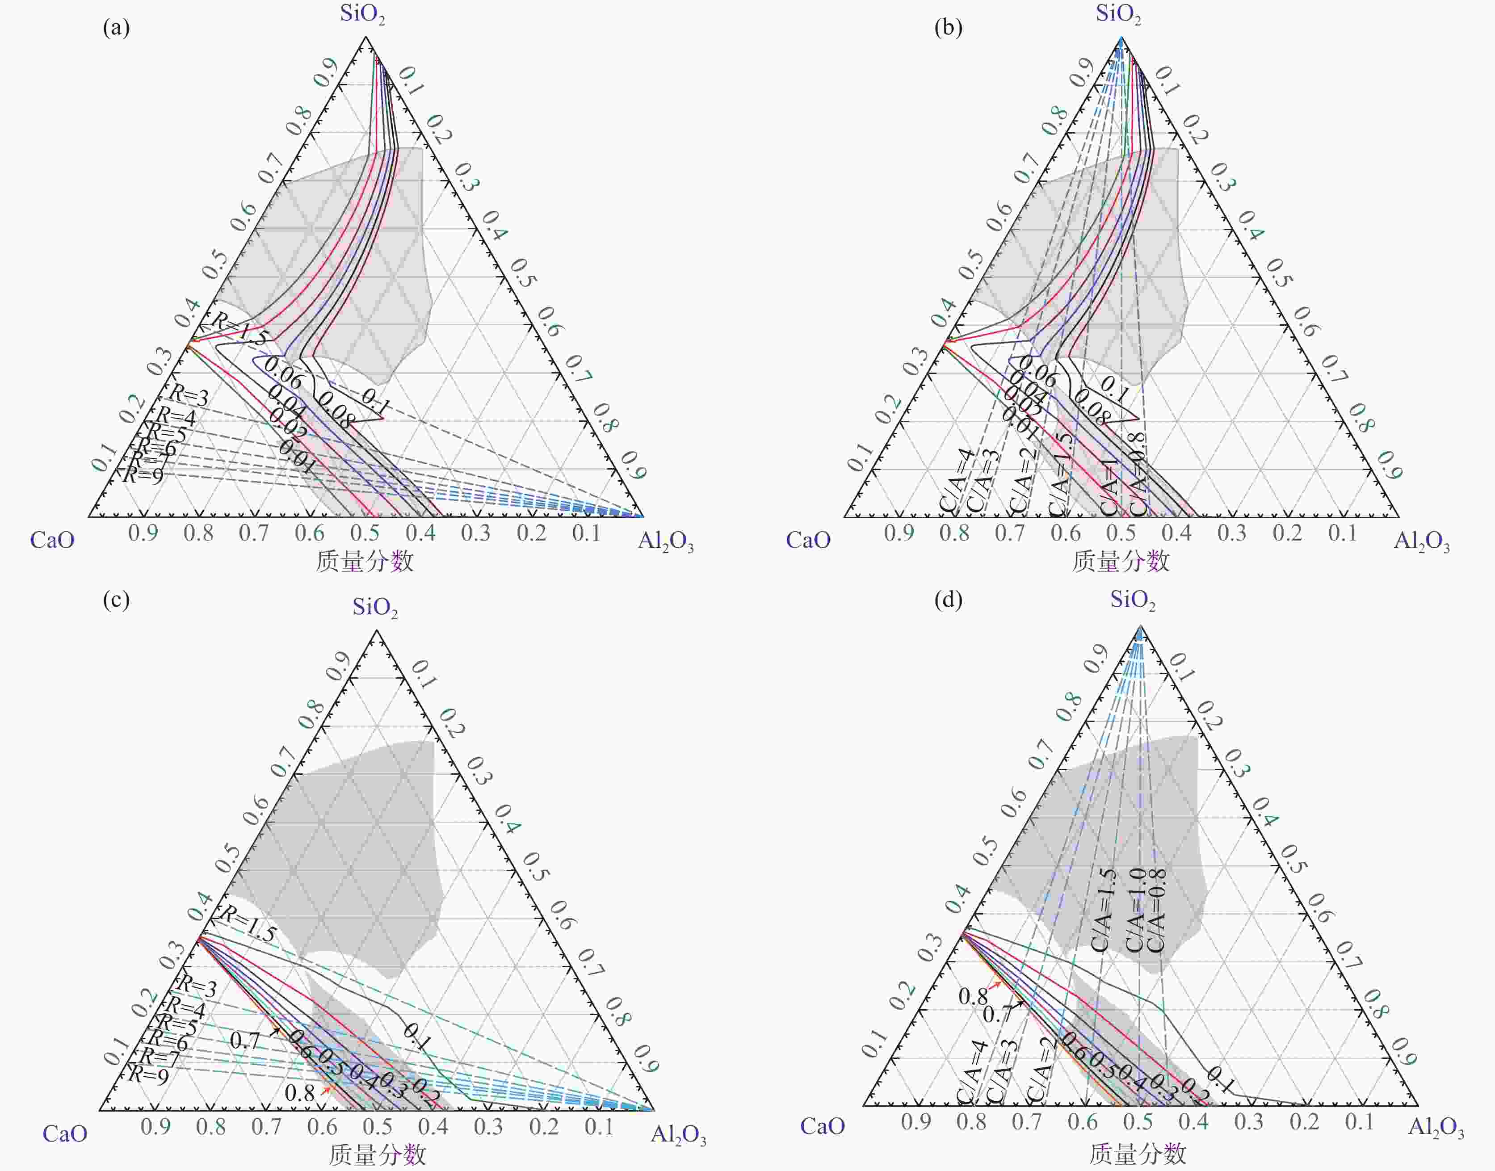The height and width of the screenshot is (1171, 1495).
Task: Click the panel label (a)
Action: (116, 28)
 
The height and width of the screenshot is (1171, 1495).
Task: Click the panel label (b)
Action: (948, 28)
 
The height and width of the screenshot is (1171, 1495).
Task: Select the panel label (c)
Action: (116, 600)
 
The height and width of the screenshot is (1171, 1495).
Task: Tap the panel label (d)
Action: (948, 600)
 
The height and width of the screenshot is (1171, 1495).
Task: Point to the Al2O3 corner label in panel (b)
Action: (1422, 541)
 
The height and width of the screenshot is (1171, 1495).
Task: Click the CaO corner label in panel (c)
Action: (65, 1133)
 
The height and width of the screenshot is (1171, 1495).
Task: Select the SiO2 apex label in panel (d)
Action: (1132, 600)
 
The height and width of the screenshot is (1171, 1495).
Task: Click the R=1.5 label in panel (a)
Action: (239, 329)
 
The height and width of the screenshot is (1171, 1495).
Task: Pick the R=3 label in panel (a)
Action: (189, 395)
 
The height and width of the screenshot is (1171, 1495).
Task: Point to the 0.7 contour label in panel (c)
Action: (245, 1041)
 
